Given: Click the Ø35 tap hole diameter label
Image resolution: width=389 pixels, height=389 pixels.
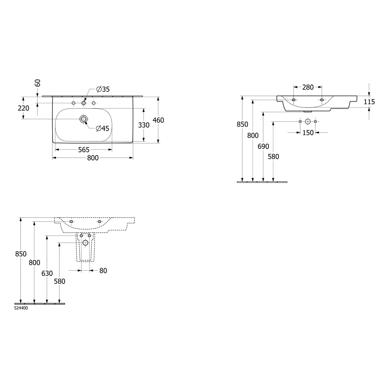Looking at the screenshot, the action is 103,89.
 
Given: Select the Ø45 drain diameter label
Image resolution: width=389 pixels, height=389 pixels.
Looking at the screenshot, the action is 102,128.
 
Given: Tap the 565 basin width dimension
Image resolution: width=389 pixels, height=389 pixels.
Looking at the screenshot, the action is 84,150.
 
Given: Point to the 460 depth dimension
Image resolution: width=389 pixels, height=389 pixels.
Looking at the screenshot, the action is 158,120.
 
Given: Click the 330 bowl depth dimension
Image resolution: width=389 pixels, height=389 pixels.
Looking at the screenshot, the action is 144,125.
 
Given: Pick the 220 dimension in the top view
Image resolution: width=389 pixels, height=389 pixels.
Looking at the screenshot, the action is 23,108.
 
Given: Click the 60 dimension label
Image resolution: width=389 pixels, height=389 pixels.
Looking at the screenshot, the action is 38,83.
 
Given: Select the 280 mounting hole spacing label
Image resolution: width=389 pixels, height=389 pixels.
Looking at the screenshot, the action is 308,87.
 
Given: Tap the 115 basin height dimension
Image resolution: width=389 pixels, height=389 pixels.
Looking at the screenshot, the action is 369,102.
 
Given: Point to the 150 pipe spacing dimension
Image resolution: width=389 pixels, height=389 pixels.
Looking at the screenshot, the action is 308,133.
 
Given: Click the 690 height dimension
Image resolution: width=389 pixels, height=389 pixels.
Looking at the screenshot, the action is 263,147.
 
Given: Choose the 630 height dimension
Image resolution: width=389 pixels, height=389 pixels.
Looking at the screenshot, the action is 47,273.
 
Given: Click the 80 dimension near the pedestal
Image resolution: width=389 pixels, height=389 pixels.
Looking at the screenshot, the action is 103,271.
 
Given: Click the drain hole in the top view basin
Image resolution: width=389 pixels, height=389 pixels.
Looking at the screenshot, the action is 83,119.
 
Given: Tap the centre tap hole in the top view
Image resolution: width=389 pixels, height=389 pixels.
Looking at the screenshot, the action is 84,103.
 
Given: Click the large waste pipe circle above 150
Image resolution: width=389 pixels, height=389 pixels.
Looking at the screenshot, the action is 308,121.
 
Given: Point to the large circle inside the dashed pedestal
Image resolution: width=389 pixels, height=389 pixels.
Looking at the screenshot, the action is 85,243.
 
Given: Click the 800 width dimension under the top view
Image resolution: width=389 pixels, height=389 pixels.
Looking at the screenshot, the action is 93,158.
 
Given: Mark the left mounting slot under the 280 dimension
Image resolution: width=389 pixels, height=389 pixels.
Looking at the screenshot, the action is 294,100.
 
